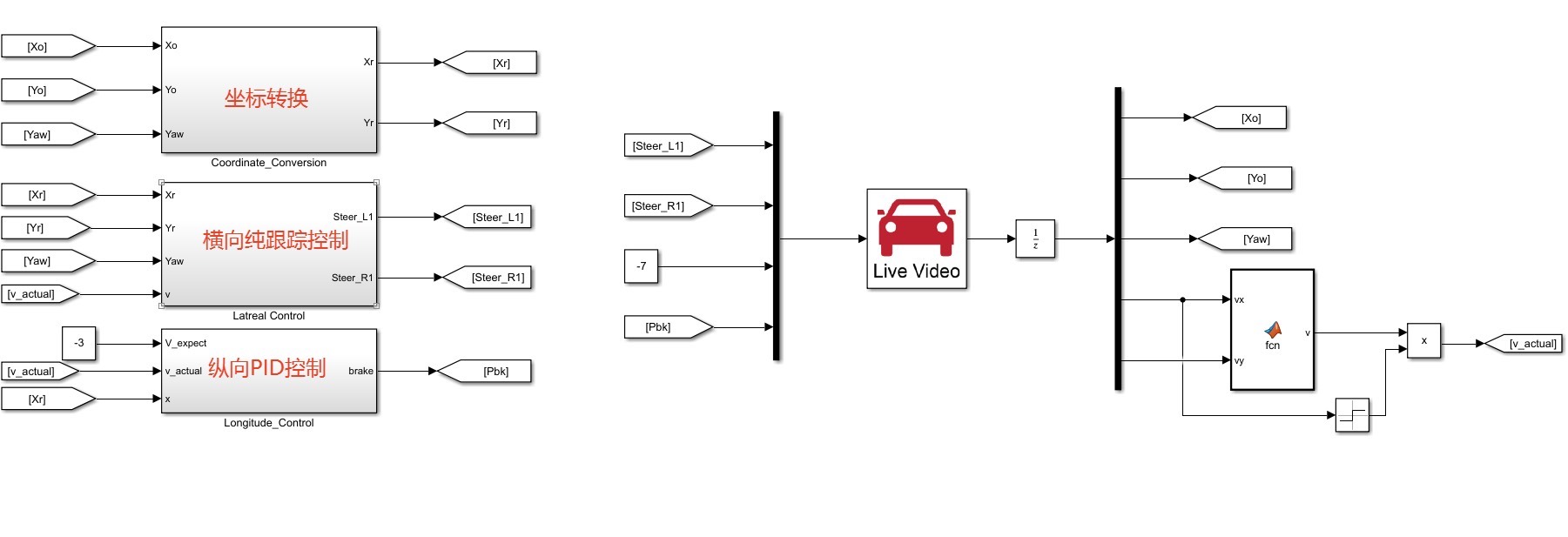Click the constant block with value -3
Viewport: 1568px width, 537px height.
[x=78, y=343]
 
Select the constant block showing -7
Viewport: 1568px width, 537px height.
[x=641, y=266]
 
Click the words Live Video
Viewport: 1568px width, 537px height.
[x=916, y=272]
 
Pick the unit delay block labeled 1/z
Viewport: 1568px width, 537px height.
[x=1035, y=239]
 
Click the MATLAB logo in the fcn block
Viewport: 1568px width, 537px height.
[x=1273, y=329]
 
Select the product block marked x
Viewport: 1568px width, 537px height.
[x=1423, y=341]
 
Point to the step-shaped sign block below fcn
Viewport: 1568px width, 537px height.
[x=1352, y=415]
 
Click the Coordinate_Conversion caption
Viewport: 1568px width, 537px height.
[x=268, y=163]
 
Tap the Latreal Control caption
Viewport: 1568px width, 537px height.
[x=268, y=316]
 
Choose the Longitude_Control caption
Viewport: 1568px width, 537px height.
[x=268, y=423]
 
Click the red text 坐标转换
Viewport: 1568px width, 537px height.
[x=266, y=98]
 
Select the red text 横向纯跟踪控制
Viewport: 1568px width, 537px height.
[x=275, y=240]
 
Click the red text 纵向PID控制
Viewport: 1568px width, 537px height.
[x=266, y=368]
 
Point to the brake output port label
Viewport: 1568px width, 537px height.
[x=360, y=372]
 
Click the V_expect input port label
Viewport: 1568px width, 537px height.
[x=185, y=344]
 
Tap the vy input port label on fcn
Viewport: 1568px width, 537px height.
[x=1239, y=361]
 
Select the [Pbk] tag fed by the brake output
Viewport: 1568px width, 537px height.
[x=494, y=372]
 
